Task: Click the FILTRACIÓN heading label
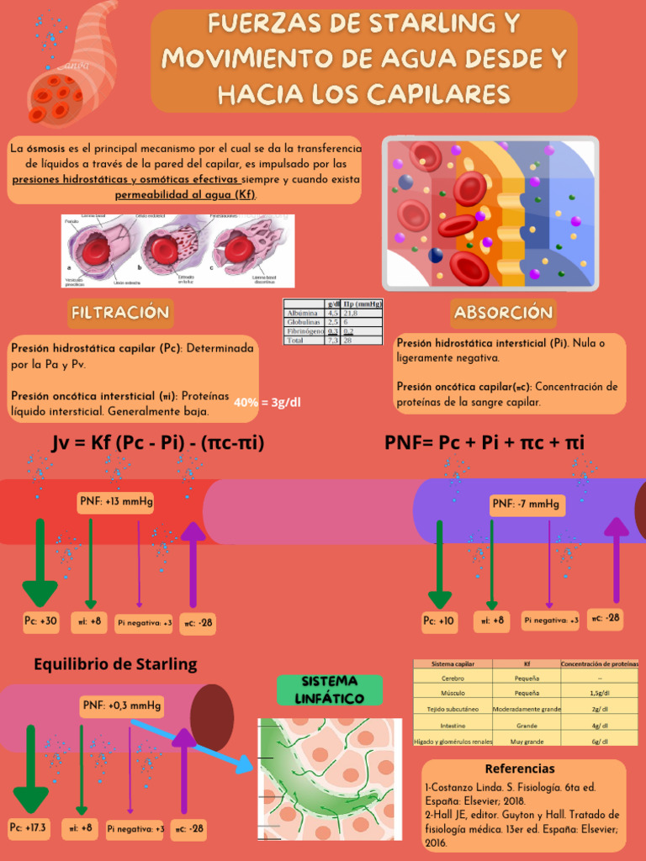point(120,313)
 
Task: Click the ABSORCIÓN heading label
point(503,313)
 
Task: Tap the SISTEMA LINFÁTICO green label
point(330,689)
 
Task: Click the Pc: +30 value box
point(40,621)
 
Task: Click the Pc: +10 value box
point(439,621)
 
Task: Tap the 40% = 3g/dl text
point(267,402)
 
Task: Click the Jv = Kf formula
point(158,442)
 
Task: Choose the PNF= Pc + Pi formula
point(484,442)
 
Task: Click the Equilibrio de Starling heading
point(115,663)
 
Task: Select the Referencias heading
point(520,769)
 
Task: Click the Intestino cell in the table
point(452,725)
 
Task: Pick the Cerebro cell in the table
point(452,677)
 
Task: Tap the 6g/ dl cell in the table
point(599,741)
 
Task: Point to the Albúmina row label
point(303,313)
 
